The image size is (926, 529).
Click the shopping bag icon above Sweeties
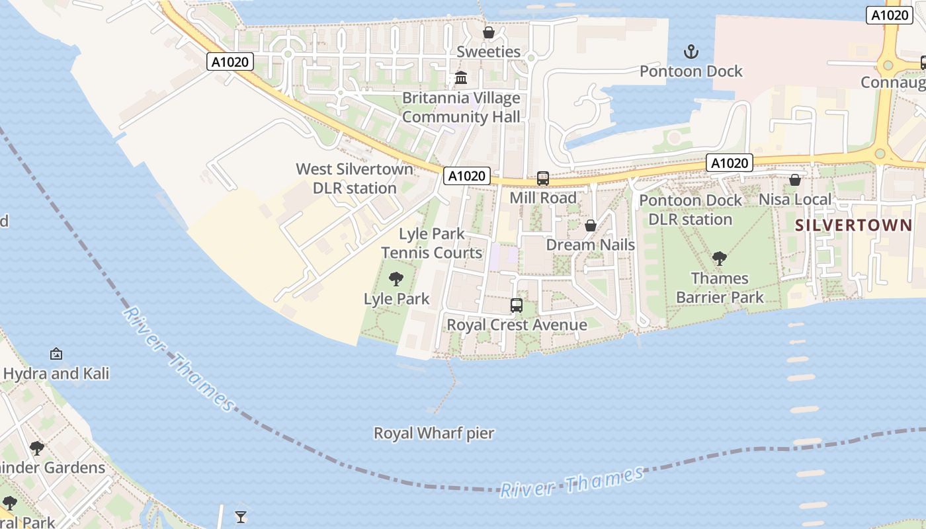[x=489, y=32]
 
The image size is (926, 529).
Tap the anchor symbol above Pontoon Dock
[x=691, y=52]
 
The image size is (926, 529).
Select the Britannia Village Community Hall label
[x=461, y=108]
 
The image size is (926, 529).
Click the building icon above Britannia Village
[x=461, y=79]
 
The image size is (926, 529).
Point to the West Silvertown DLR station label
[x=355, y=179]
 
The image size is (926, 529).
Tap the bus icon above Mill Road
[x=543, y=178]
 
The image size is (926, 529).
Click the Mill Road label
[x=543, y=198]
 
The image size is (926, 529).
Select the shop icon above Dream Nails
[x=591, y=225]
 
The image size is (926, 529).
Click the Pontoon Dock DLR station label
[x=691, y=210]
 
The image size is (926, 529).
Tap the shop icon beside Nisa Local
[x=795, y=180]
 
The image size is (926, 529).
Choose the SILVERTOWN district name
[x=853, y=225]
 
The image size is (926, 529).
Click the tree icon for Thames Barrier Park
[x=720, y=259]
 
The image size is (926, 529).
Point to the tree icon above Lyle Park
[x=396, y=279]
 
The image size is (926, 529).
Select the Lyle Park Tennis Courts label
[x=432, y=243]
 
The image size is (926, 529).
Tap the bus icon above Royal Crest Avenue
[x=517, y=305]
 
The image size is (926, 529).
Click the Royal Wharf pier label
[x=434, y=434]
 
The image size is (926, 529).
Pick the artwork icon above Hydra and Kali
[x=56, y=354]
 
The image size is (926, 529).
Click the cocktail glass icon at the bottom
[x=241, y=516]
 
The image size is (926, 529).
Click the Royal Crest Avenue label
[x=517, y=325]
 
